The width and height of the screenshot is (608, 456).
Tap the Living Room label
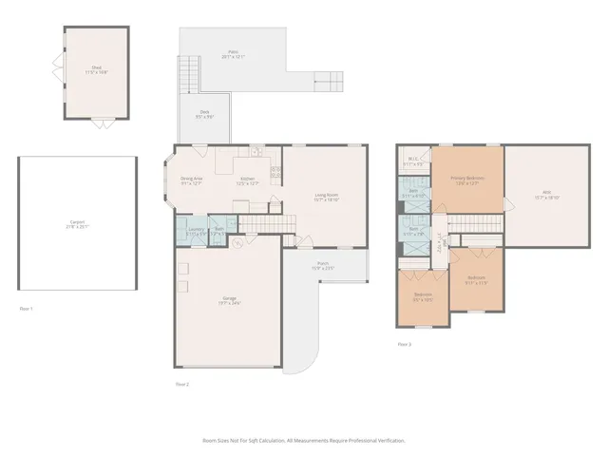pyautogui.click(x=328, y=197)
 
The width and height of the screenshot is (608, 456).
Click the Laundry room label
pyautogui.click(x=197, y=229)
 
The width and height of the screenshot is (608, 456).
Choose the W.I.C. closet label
pyautogui.click(x=415, y=161)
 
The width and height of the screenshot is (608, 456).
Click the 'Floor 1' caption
pyautogui.click(x=26, y=309)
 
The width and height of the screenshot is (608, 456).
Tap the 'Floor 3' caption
pyautogui.click(x=405, y=343)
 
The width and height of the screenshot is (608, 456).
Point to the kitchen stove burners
pyautogui.click(x=275, y=173)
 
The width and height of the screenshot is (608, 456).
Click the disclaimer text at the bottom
pyautogui.click(x=304, y=441)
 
